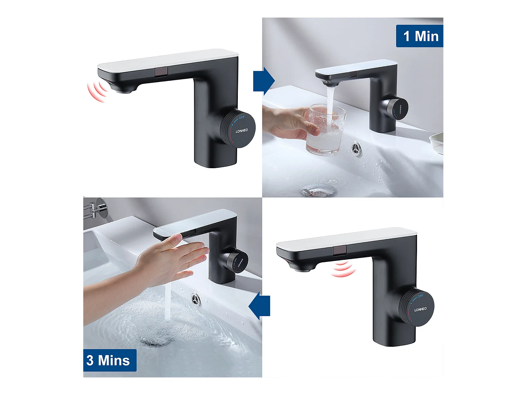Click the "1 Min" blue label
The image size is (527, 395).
coord(420,36)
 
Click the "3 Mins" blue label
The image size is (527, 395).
coord(109,360)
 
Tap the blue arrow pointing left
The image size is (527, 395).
coord(260,306)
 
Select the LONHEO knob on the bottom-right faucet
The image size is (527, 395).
coord(417,308)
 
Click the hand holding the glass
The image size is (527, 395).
coord(288,123)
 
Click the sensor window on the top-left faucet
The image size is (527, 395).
coord(161,72)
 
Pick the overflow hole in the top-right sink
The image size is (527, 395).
coord(356,147)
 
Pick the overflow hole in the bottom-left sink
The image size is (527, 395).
coord(196,299)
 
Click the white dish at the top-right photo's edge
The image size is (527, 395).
coord(437,142)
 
